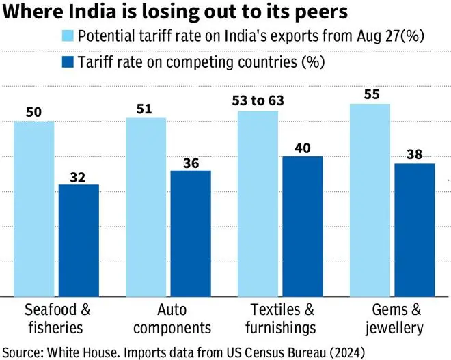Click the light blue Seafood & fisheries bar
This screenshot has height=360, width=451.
tap(33, 208)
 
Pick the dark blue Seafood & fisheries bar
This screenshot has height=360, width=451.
tap(79, 240)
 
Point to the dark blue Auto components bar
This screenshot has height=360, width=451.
tap(191, 233)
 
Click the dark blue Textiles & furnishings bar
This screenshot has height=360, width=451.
tap(303, 226)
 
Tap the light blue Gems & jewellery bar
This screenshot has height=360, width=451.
tap(370, 199)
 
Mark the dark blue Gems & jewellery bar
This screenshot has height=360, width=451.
tap(415, 230)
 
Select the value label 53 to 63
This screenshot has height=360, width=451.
tap(258, 101)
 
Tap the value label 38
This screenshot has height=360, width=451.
tap(415, 154)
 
